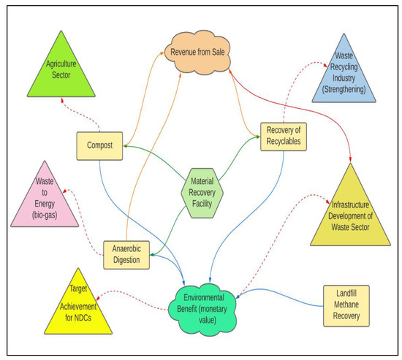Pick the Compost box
click(99, 145)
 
